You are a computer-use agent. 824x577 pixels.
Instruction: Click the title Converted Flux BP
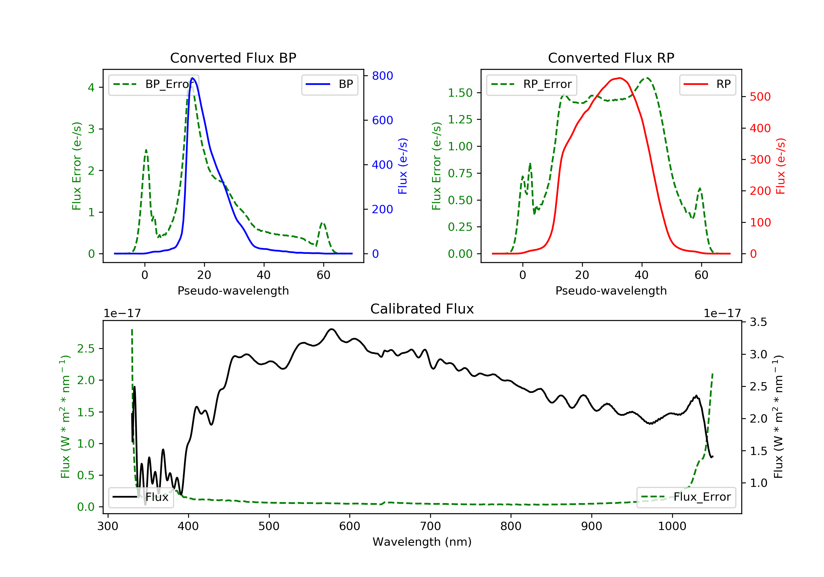[x=233, y=58]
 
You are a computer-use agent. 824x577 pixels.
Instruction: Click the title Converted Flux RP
[x=611, y=58]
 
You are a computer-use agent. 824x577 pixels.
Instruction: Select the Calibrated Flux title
[x=422, y=309]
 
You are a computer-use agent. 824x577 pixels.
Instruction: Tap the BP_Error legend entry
[x=154, y=84]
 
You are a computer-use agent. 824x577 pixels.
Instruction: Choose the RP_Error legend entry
[x=531, y=84]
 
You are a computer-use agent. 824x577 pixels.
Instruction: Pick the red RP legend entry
[x=707, y=84]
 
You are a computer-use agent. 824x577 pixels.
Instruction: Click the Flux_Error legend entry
[x=686, y=497]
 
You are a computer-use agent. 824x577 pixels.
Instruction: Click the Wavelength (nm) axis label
[x=422, y=542]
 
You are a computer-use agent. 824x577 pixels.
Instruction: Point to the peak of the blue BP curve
[x=193, y=78]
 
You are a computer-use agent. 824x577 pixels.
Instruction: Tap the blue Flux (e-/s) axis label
[x=403, y=166]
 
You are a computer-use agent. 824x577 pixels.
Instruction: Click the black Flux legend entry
[x=141, y=497]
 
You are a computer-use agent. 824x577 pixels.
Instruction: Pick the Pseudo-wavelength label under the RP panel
[x=611, y=291]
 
